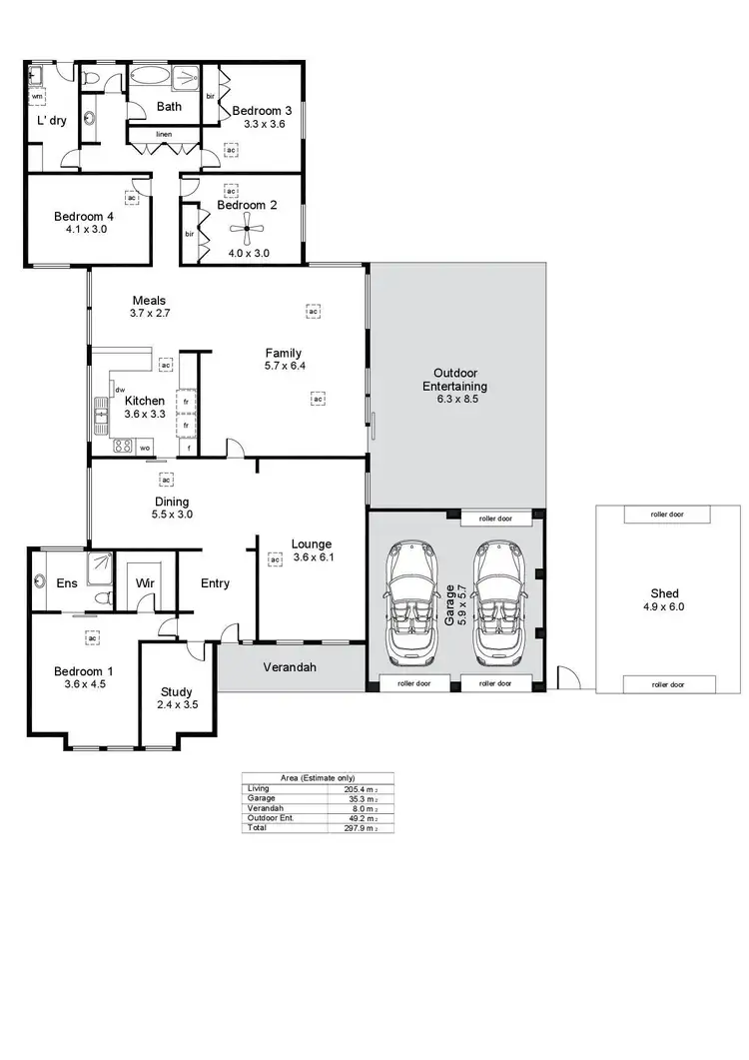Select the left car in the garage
pyautogui.click(x=409, y=603)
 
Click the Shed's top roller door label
pyautogui.click(x=668, y=515)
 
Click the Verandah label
pyautogui.click(x=290, y=666)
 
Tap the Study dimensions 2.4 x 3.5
pyautogui.click(x=177, y=704)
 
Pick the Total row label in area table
pyautogui.click(x=258, y=827)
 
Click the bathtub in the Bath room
pyautogui.click(x=150, y=75)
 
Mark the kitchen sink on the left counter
pyautogui.click(x=101, y=412)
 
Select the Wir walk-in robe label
pyautogui.click(x=145, y=583)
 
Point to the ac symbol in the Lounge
pyautogui.click(x=275, y=560)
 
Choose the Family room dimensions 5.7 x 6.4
pyautogui.click(x=284, y=366)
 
